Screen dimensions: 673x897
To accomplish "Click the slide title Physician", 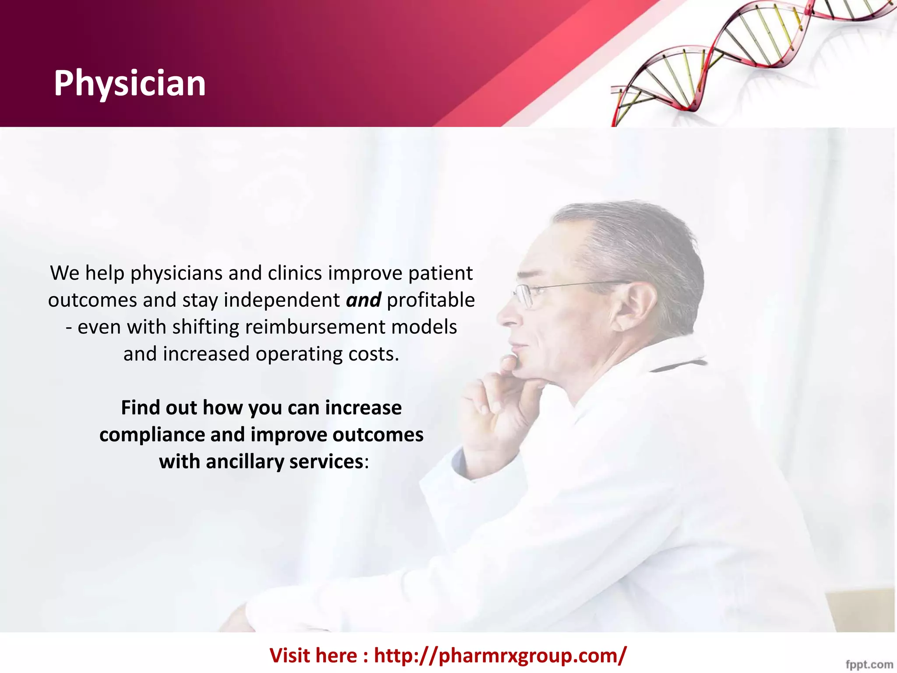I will pos(130,83).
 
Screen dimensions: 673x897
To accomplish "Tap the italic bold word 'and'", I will pos(363,301).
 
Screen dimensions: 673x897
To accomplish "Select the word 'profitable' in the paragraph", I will pos(431,301).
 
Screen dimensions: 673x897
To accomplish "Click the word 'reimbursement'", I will pos(315,327).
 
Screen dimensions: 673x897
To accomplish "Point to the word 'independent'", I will pos(282,301).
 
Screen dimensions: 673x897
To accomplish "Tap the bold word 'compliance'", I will pos(152,435).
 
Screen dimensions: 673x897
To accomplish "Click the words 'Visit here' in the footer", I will pos(313,655).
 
